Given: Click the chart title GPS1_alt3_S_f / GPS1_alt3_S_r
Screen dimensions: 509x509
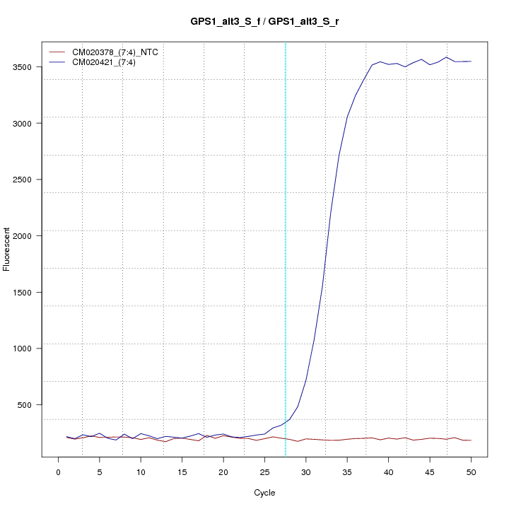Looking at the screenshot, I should coord(265,22).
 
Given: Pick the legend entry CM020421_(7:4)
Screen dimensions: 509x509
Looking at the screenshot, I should coord(109,62).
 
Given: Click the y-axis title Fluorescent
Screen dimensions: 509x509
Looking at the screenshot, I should coord(7,249).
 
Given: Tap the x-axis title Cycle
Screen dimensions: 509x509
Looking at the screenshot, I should coord(265,493).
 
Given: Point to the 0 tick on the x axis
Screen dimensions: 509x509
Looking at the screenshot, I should coord(58,471).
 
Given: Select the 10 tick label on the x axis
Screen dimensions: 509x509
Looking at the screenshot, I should coord(141,471).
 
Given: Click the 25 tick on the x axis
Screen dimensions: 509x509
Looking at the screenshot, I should coord(264,471).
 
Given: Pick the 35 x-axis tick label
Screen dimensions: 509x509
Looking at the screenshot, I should coord(347,471).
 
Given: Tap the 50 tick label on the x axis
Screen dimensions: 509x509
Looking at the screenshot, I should coord(471,471).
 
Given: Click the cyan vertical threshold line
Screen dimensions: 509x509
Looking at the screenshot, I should coord(286,247).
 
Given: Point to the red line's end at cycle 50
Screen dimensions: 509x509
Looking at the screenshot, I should coord(471,440).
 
